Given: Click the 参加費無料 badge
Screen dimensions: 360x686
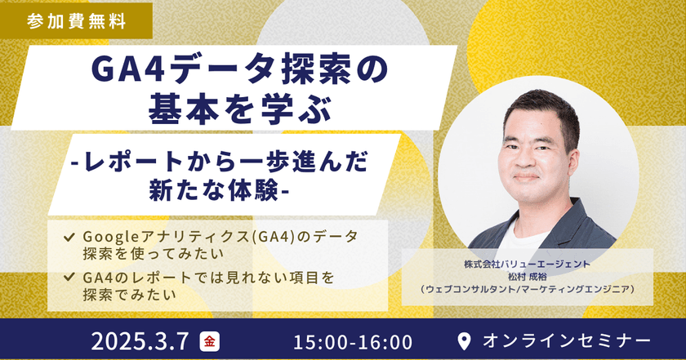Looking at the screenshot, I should click(x=76, y=20).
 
